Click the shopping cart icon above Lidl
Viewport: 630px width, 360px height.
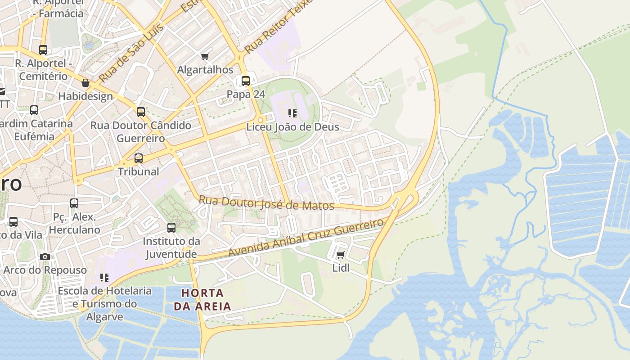click(341, 255)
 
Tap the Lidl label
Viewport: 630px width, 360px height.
click(341, 268)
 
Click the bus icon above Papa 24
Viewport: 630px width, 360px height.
click(246, 81)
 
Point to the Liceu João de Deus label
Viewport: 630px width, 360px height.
click(292, 127)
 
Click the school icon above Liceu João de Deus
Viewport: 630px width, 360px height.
click(292, 113)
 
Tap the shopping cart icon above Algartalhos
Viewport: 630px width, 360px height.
click(205, 57)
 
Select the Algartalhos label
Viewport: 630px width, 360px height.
click(205, 70)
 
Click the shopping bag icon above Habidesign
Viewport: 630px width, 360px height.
click(85, 83)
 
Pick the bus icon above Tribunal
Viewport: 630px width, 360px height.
click(139, 158)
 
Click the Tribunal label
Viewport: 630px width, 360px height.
click(139, 171)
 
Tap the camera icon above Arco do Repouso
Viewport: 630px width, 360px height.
click(45, 257)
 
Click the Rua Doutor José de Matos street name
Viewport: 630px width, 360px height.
click(266, 203)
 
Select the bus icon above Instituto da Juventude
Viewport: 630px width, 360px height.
click(171, 228)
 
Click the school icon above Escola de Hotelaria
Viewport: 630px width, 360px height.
click(104, 278)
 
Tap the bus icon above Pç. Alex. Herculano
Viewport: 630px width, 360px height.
click(74, 203)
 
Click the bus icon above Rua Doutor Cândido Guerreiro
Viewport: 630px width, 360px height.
click(141, 112)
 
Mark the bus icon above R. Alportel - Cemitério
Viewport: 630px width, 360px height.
click(43, 50)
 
